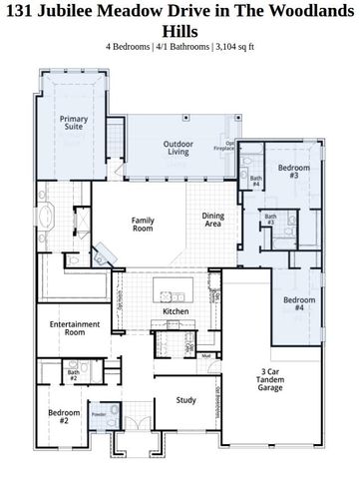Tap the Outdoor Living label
[178, 149]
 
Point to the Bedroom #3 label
[289, 171]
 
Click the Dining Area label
[213, 219]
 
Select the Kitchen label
[176, 311]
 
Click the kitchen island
[169, 291]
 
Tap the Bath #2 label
[73, 376]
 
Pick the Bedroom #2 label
[57, 416]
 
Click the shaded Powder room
[98, 414]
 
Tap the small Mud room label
[203, 355]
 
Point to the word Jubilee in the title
[87, 11]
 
